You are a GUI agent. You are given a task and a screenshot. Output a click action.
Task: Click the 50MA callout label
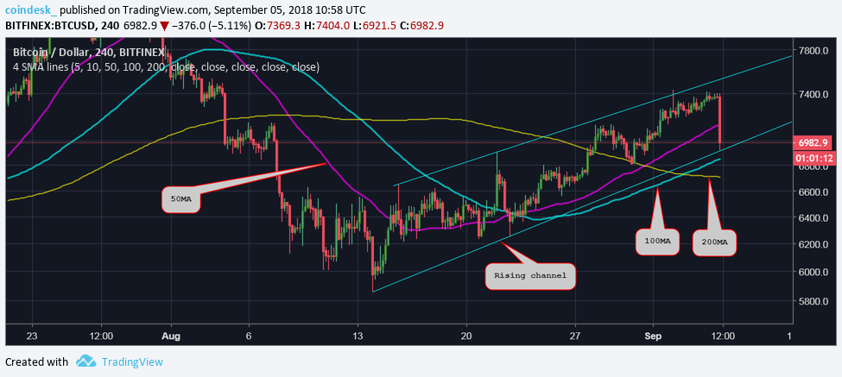point(181,199)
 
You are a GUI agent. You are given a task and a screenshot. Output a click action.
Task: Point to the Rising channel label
point(530,276)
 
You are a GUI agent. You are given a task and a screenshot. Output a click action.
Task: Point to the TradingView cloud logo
point(85,361)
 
